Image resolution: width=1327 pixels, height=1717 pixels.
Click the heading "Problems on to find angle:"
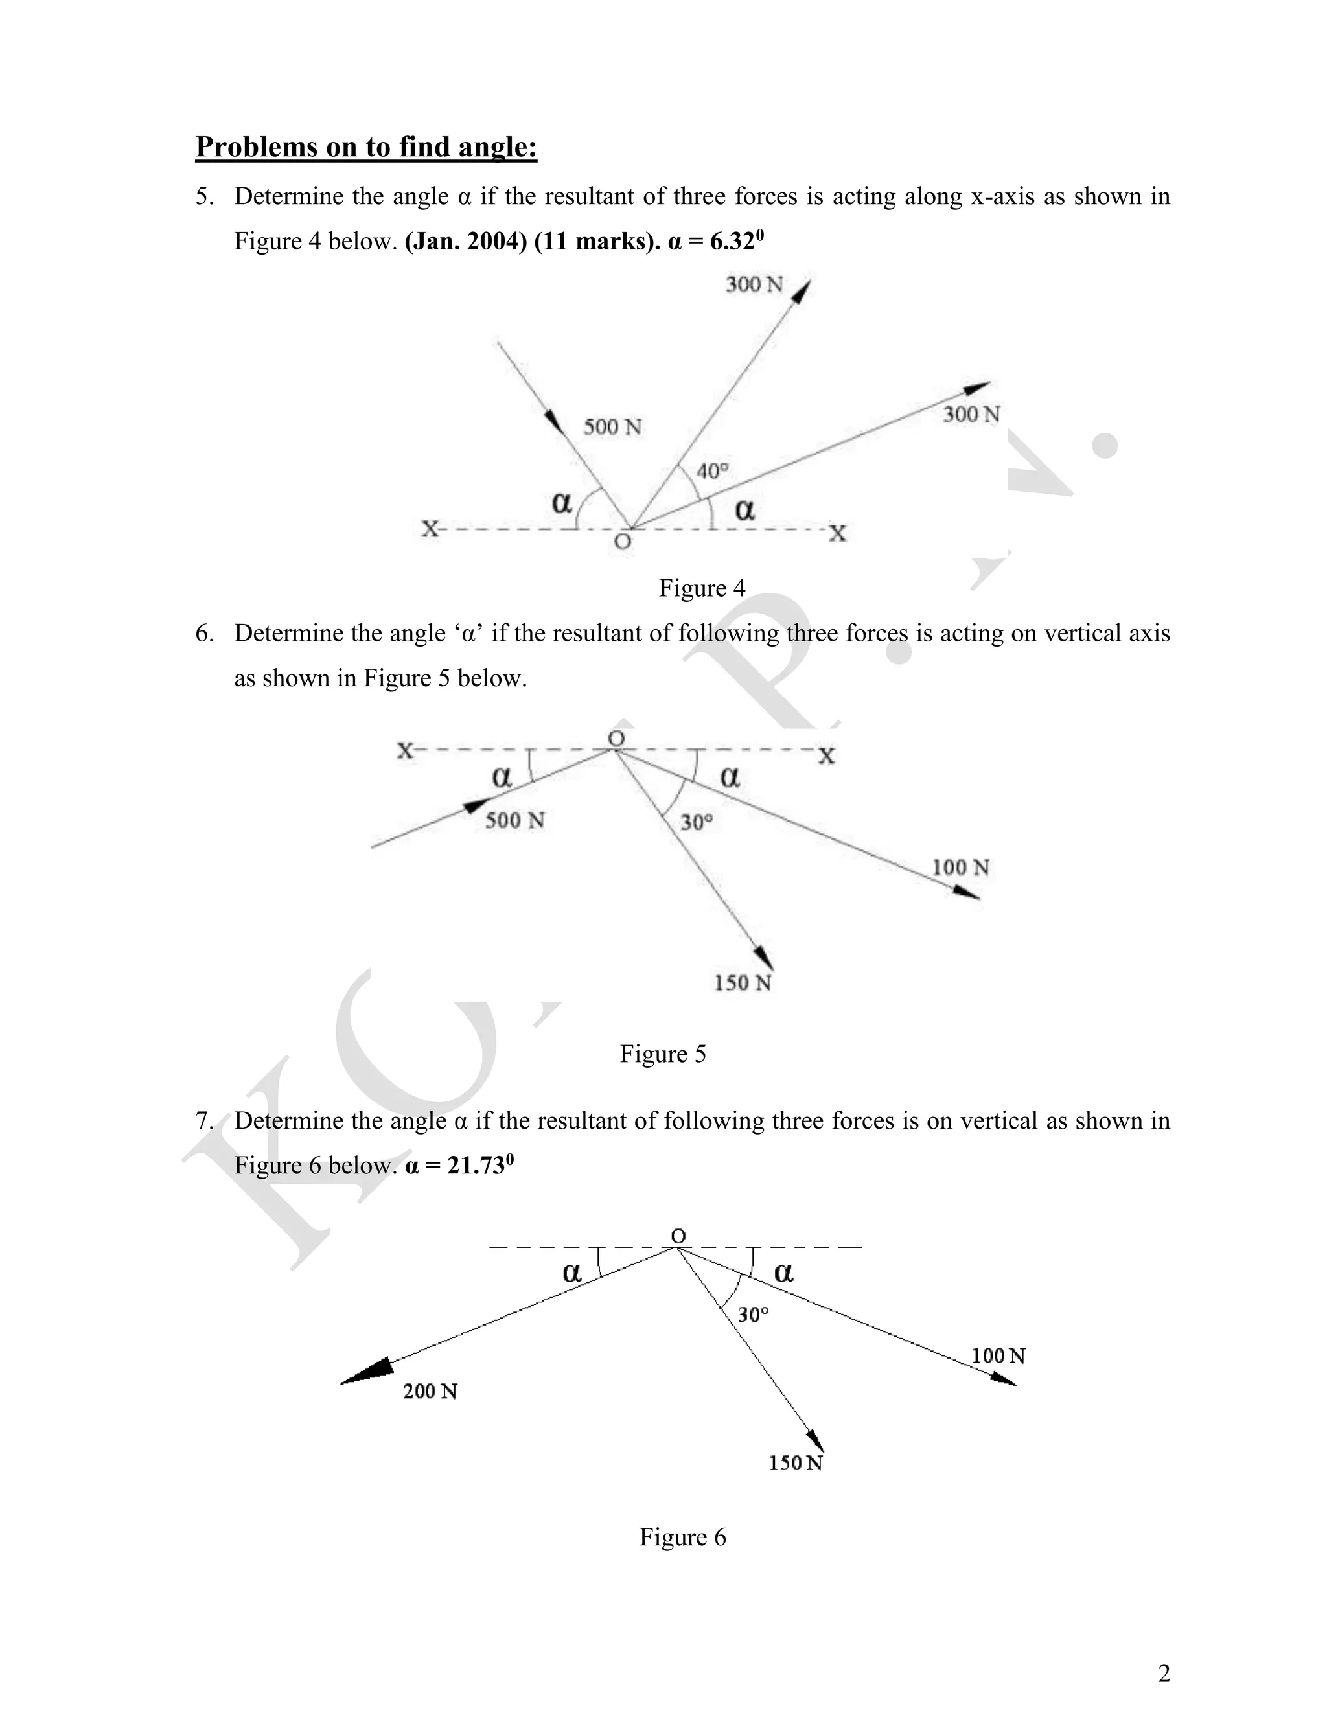365,147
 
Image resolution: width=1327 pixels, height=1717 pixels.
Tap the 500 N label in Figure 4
612,427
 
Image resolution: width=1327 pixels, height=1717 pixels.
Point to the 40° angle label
712,471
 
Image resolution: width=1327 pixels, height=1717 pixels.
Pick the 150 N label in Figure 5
742,983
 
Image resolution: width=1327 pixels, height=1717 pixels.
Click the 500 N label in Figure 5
515,820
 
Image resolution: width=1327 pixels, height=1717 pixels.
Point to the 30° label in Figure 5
696,822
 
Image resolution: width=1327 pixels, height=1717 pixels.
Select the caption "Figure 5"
662,1054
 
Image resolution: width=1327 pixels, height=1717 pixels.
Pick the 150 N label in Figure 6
795,1463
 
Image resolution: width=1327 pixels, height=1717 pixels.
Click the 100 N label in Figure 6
998,1355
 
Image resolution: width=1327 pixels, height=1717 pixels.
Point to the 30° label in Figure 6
752,1315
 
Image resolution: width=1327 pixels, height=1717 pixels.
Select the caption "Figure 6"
682,1536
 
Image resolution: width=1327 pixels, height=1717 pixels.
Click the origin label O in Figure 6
678,1237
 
